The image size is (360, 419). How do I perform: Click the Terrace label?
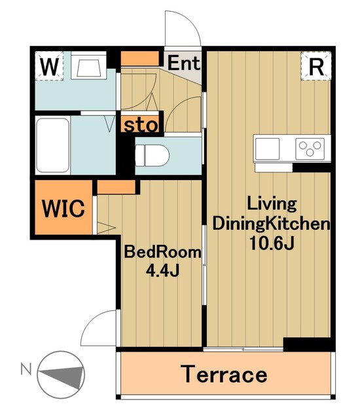pyautogui.click(x=224, y=374)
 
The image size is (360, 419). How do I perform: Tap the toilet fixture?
pyautogui.click(x=153, y=156)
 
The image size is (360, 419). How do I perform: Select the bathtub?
pyautogui.click(x=52, y=145)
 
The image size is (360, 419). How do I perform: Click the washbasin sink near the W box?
pyautogui.click(x=89, y=65)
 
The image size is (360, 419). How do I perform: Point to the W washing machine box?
pyautogui.click(x=49, y=65)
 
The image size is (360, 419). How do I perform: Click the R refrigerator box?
pyautogui.click(x=316, y=66)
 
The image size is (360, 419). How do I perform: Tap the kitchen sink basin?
pyautogui.click(x=267, y=149)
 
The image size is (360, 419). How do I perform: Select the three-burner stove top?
pyautogui.click(x=310, y=149)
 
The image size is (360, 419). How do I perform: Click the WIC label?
pyautogui.click(x=63, y=208)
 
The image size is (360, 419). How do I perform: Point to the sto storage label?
pyautogui.click(x=141, y=125)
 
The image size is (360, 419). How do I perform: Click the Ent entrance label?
pyautogui.click(x=184, y=63)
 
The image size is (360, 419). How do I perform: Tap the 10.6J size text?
pyautogui.click(x=272, y=243)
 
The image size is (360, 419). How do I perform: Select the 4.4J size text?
pyautogui.click(x=162, y=271)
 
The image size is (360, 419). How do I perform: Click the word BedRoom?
pyautogui.click(x=162, y=252)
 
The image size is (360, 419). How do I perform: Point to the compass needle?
pyautogui.click(x=61, y=375)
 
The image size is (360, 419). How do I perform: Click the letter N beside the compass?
pyautogui.click(x=26, y=369)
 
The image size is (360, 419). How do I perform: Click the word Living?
pyautogui.click(x=272, y=204)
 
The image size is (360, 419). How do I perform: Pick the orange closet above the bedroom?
pyautogui.click(x=116, y=187)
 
